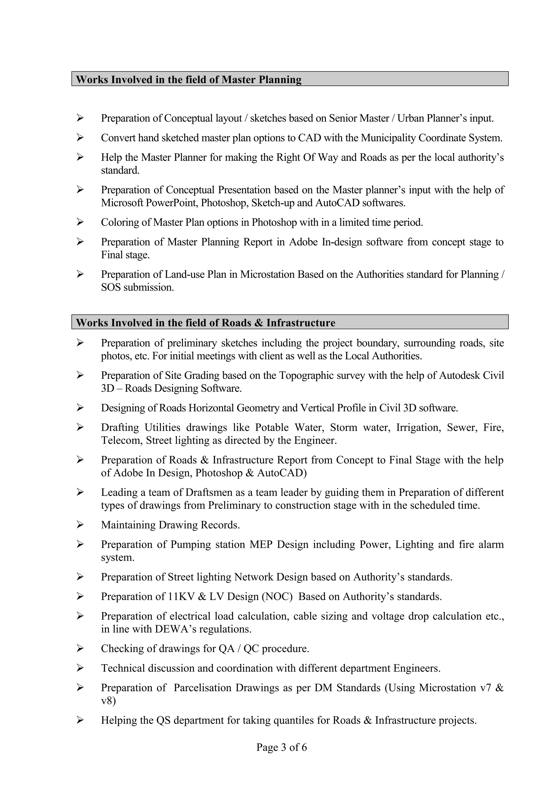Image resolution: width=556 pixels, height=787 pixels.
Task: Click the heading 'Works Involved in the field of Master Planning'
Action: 188,80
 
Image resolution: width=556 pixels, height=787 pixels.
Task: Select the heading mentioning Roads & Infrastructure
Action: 205,323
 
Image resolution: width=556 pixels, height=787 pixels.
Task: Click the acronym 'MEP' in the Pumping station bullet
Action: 261,545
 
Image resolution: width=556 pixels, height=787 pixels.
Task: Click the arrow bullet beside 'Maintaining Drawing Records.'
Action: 80,525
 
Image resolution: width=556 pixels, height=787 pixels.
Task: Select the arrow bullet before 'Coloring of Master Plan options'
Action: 80,222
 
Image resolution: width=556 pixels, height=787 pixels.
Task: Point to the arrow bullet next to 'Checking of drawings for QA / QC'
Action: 80,649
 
